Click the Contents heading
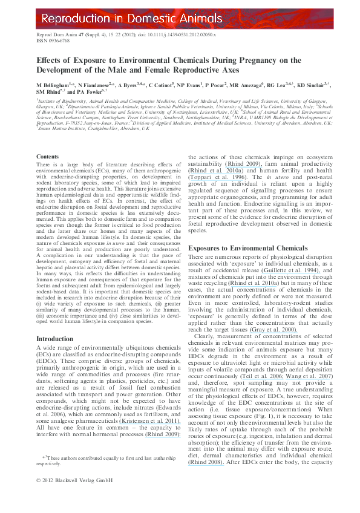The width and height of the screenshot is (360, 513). point(48,156)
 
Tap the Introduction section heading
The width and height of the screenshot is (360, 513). point(54,339)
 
